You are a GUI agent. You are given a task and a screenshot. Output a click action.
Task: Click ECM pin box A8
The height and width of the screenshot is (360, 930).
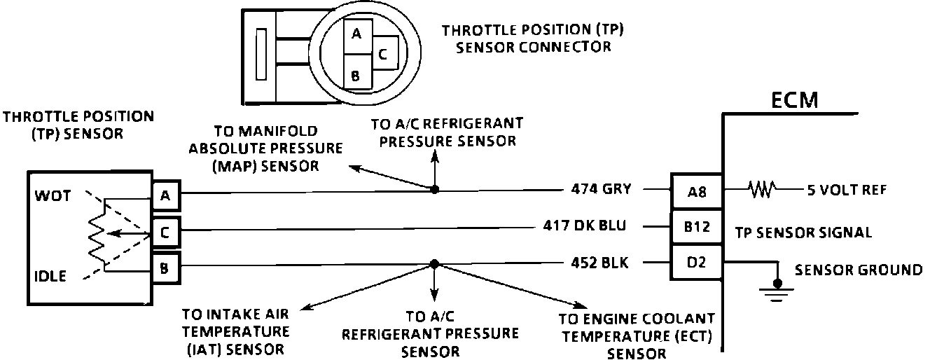pyautogui.click(x=696, y=191)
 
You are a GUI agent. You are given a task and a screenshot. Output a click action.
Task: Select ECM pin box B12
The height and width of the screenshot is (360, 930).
pyautogui.click(x=696, y=227)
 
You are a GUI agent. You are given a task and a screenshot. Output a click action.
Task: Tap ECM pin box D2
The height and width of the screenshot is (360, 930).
pyautogui.click(x=696, y=263)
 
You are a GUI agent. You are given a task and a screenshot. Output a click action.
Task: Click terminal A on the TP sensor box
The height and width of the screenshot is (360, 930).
pyautogui.click(x=165, y=195)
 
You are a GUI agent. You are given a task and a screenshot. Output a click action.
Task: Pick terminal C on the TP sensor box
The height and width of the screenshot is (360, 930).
pyautogui.click(x=165, y=233)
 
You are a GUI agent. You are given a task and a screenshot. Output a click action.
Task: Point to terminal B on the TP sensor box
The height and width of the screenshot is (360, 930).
pyautogui.click(x=165, y=267)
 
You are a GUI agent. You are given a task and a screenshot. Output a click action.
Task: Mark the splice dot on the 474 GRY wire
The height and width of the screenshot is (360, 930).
pyautogui.click(x=434, y=189)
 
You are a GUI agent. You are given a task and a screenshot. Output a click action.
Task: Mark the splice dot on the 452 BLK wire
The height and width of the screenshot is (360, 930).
pyautogui.click(x=434, y=264)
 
